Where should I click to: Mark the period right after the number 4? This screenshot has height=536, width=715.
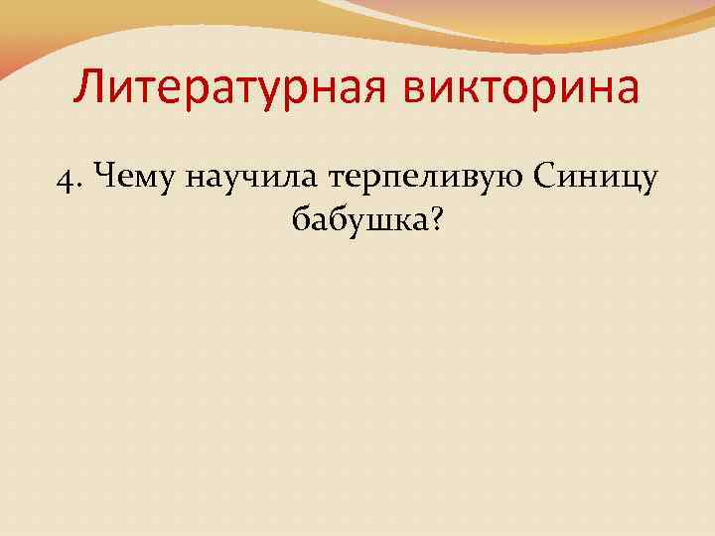(78, 186)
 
